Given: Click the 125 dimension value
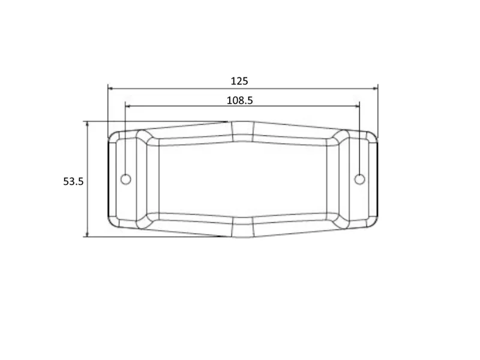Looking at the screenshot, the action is click(239, 81).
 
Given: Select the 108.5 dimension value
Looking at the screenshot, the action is click(239, 100).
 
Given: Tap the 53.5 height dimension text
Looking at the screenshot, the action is click(73, 182).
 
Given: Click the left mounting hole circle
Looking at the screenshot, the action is click(126, 179).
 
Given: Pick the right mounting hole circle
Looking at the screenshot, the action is click(359, 179).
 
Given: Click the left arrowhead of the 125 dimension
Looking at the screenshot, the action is click(111, 88).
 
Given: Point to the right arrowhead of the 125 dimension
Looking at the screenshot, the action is click(375, 88).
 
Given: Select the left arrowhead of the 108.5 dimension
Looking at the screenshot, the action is click(128, 106).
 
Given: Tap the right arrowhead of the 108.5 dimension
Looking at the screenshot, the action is click(356, 106).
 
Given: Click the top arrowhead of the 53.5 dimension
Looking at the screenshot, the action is click(87, 124).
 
